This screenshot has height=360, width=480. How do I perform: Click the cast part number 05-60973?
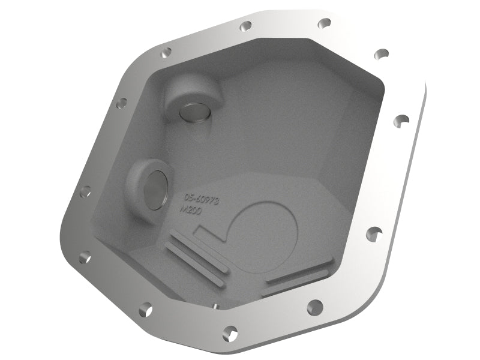(x=202, y=200)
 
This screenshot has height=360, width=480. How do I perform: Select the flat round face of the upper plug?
(x=193, y=111)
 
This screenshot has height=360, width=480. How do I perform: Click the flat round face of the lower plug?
(x=155, y=190)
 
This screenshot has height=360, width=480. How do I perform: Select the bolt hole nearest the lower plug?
(x=85, y=191)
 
